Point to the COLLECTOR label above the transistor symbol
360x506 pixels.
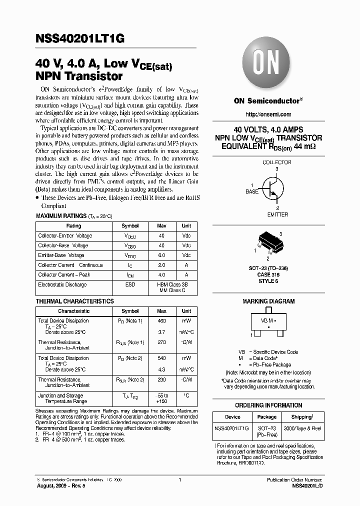point(276,162)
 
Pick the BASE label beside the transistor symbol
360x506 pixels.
point(252,191)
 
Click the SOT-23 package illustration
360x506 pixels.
point(267,243)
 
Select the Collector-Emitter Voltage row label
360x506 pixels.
point(65,235)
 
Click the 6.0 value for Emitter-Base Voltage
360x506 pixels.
point(161,255)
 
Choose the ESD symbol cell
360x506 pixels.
point(130,284)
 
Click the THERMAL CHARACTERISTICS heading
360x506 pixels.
point(75,301)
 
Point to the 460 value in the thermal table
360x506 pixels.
point(161,320)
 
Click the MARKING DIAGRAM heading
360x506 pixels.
point(268,301)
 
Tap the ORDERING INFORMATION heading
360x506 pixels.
point(268,405)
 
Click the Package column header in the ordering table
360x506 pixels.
point(266,417)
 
